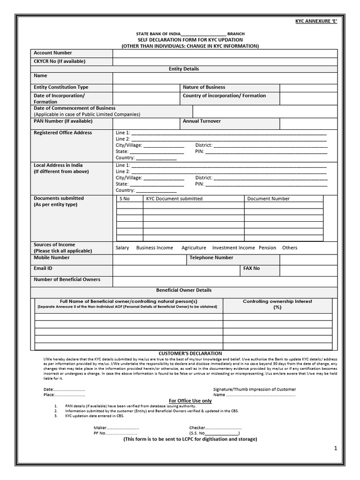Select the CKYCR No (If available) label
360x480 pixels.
pos(60,61)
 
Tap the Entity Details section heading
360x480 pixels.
pos(184,69)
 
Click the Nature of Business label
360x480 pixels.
pos(204,87)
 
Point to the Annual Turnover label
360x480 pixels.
pos(202,121)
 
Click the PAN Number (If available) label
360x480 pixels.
pos(63,121)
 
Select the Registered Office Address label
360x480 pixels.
pos(63,133)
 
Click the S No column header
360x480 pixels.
pos(125,199)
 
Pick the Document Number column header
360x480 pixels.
pos(268,199)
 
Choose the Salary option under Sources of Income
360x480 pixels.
pos(122,247)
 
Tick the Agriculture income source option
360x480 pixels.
pos(194,247)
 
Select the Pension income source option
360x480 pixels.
pos(267,247)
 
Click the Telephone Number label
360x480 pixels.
pos(211,258)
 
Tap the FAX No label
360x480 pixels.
pos(251,269)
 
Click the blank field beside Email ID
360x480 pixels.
pos(176,270)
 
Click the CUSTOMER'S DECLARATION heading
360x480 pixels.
pos(184,353)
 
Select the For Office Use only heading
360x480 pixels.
pos(190,401)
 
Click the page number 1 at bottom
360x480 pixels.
pos(336,449)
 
